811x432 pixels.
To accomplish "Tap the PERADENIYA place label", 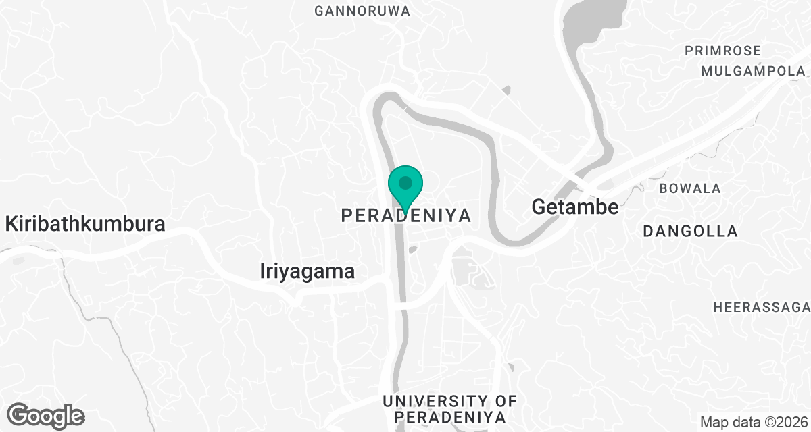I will (405, 215).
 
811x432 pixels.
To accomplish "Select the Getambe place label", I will (574, 207).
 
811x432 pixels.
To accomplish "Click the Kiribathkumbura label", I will (85, 224).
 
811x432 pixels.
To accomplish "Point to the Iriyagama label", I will (307, 271).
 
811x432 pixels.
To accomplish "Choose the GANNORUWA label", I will (362, 11).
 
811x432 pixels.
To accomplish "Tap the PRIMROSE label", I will (722, 51).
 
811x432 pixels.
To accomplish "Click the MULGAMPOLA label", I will (752, 71).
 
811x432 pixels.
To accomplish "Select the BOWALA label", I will (690, 188).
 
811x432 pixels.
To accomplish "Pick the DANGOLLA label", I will (690, 231).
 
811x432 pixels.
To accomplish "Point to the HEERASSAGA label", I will (762, 308).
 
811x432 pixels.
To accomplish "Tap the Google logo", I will (45, 415).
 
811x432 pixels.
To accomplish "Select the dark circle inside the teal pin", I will (405, 182).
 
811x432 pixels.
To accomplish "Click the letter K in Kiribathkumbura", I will (11, 224).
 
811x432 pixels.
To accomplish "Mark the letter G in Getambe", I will (539, 207).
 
